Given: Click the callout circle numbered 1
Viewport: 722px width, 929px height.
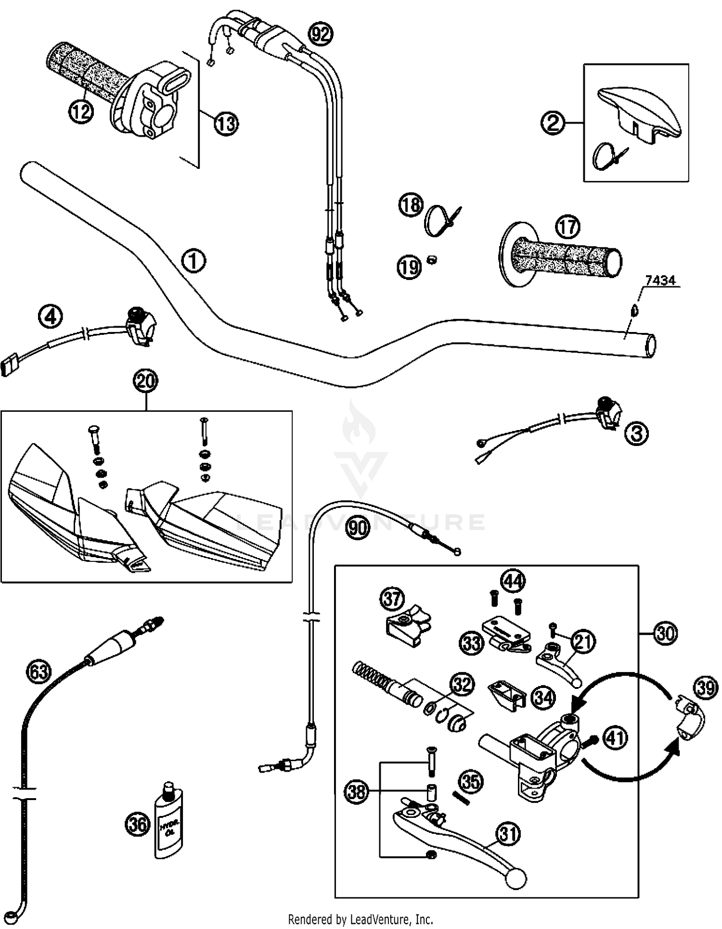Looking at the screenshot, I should point(193,261).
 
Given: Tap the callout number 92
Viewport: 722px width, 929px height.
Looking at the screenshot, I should point(321,34).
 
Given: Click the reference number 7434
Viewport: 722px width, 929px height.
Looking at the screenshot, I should point(660,280).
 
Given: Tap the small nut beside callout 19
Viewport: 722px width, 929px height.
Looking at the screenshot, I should point(432,260).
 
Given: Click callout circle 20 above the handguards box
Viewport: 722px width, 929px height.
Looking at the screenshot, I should point(146,381).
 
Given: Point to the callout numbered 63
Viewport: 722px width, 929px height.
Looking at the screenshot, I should point(39,672).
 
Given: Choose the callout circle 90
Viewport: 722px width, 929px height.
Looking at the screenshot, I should point(358,528).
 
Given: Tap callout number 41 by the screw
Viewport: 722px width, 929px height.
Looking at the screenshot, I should point(615,738).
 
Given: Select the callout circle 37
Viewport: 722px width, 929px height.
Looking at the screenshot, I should point(392,599).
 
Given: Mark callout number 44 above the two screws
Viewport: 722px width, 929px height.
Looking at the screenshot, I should point(512,581).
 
